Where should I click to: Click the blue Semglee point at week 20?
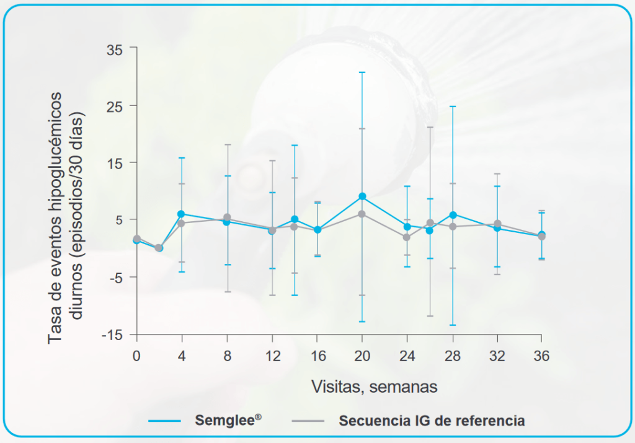(362, 196)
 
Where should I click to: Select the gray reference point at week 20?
(362, 214)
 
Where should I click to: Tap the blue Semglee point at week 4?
(181, 214)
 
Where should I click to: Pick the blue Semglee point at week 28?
(453, 215)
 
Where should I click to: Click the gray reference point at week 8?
(227, 217)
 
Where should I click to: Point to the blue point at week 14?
(295, 219)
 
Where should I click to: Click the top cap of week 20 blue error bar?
(362, 72)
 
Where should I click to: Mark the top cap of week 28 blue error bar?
(453, 107)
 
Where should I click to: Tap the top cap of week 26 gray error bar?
(430, 127)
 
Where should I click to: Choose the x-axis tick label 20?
(362, 356)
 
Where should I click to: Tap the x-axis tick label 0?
(136, 356)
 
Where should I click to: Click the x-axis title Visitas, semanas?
(374, 387)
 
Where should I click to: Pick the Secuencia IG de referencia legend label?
(432, 420)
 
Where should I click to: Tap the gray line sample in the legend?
(308, 421)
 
